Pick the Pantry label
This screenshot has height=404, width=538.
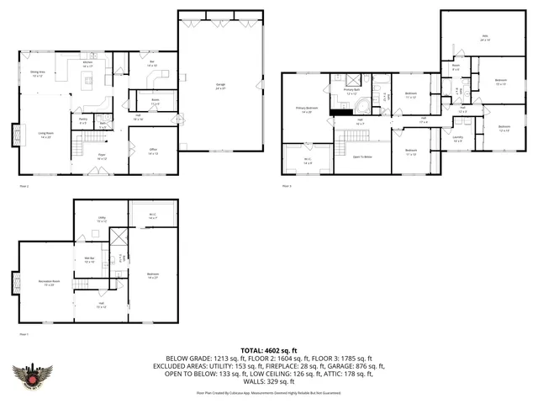[x=83, y=120]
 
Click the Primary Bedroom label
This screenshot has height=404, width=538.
[x=306, y=109]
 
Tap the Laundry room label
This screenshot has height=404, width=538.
[x=457, y=139]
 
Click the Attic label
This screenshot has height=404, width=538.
[x=484, y=37]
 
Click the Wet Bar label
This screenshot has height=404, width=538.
[x=89, y=259]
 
